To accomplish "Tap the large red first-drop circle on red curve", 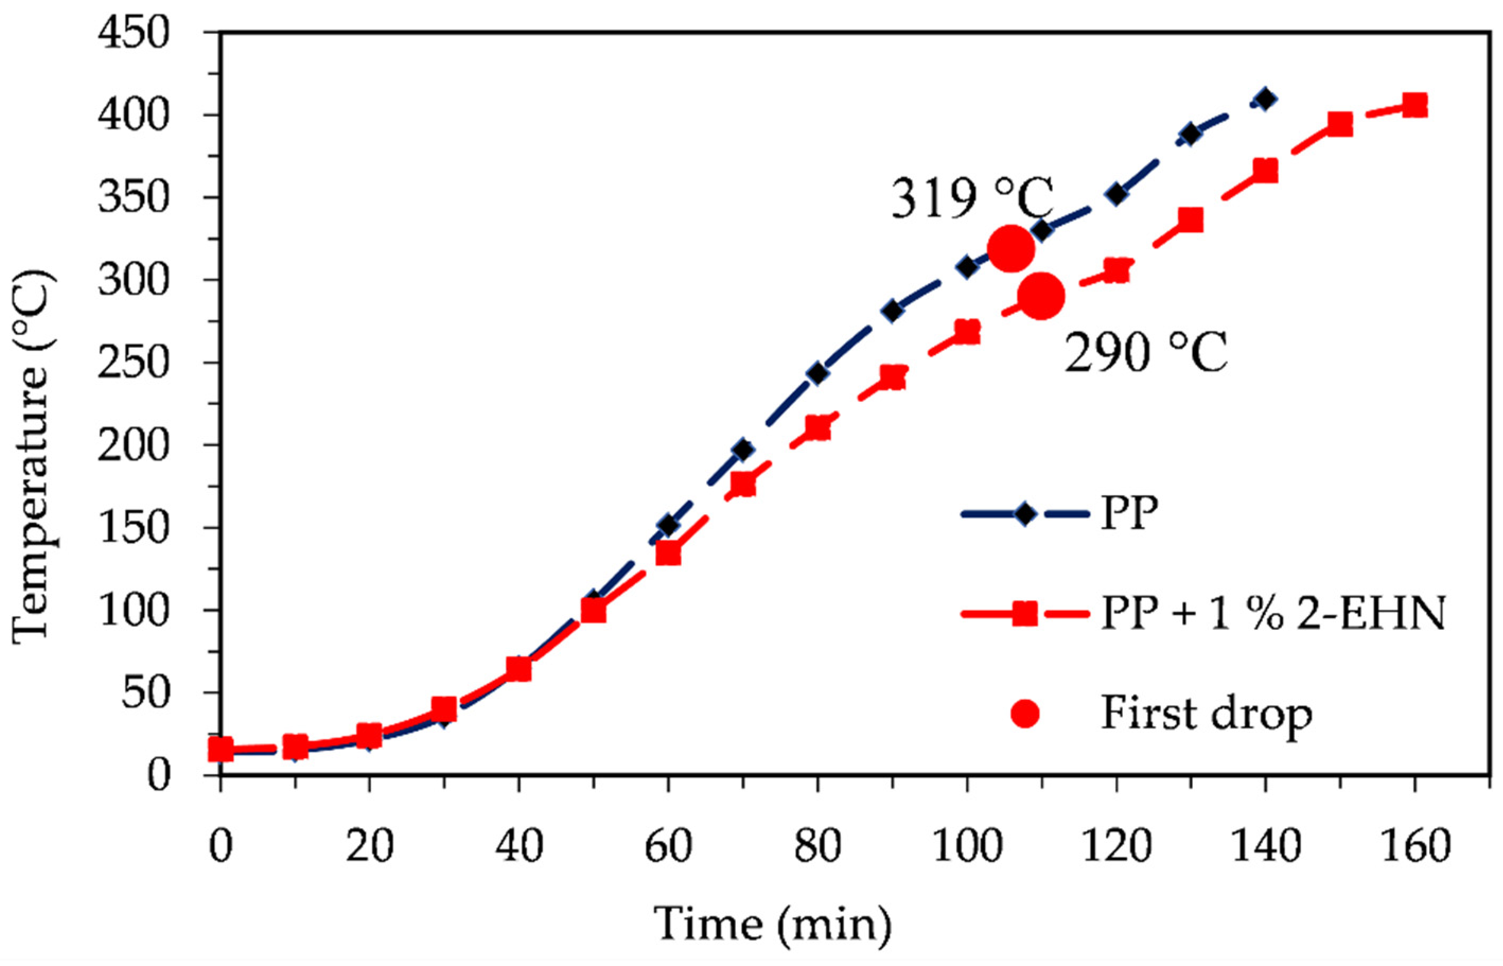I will (x=1041, y=295).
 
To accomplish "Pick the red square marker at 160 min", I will (x=1414, y=105).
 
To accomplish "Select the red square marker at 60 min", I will (x=668, y=554).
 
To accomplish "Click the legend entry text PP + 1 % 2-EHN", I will (x=1273, y=613).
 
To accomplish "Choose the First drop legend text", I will (x=1206, y=714).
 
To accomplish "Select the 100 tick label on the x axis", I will (x=966, y=846).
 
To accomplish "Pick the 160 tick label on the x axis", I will (x=1414, y=846).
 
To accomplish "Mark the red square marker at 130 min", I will (x=1191, y=220).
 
